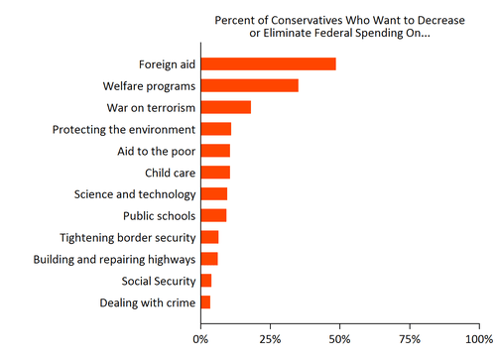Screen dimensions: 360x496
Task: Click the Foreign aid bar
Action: click(268, 64)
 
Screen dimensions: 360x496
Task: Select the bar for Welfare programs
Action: click(250, 85)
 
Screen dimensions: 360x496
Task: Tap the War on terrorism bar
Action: click(226, 107)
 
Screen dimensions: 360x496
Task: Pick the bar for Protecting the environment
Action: click(216, 129)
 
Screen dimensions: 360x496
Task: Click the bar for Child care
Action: click(215, 173)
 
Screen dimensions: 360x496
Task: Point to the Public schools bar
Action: click(213, 215)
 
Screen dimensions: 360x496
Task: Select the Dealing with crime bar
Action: click(205, 301)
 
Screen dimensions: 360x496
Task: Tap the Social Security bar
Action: click(206, 281)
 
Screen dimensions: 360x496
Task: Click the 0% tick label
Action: click(201, 339)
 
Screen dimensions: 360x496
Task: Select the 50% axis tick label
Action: click(340, 339)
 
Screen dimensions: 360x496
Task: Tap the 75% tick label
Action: click(410, 339)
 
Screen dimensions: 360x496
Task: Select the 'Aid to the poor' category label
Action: click(157, 151)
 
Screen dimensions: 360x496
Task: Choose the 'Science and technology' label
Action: click(135, 194)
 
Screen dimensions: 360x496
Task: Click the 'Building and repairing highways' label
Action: click(114, 259)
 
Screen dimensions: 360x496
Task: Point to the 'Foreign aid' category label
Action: click(167, 64)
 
